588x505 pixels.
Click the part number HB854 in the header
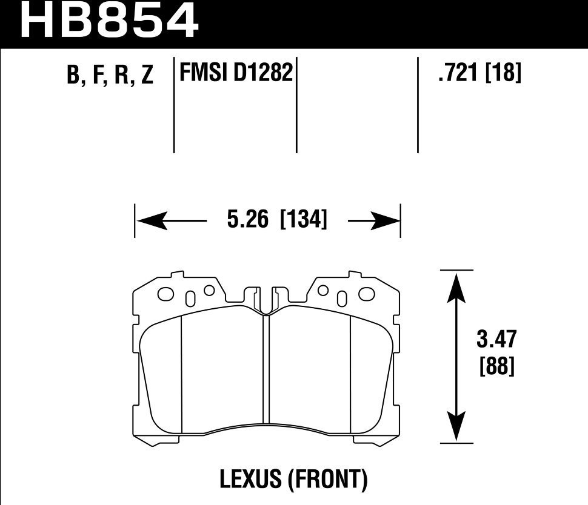[x=110, y=22]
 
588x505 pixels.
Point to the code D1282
[x=263, y=73]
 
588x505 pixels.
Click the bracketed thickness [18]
[x=504, y=73]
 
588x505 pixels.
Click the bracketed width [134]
[x=303, y=219]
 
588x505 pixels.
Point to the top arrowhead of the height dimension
[x=456, y=285]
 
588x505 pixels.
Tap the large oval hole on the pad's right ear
[x=367, y=294]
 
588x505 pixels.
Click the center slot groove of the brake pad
[x=266, y=369]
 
